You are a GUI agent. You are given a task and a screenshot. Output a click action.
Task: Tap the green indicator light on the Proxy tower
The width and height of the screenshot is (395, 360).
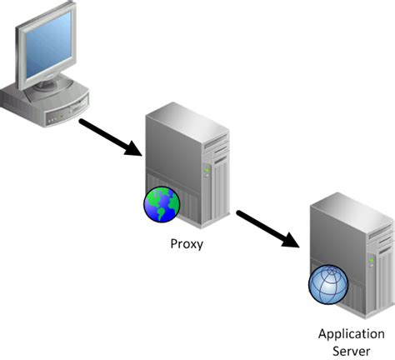coord(206,170)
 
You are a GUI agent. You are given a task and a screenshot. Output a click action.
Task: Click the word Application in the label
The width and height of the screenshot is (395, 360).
coord(345,333)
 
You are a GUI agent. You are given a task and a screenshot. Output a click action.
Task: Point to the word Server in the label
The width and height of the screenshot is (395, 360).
coord(345,350)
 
